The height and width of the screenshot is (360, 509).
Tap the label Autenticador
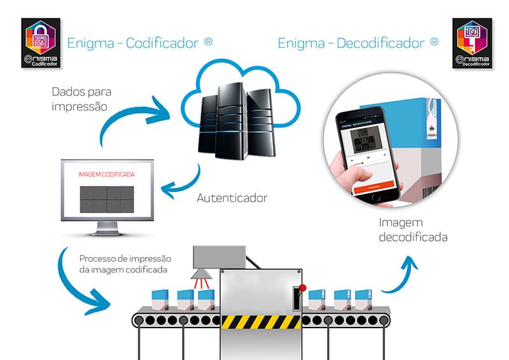click(231, 198)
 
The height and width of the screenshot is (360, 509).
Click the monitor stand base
click(106, 233)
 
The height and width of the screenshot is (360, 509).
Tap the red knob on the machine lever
click(302, 287)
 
